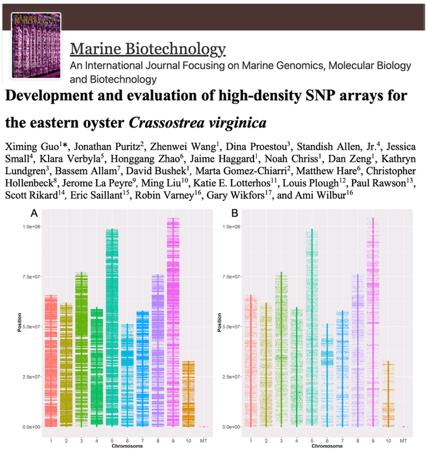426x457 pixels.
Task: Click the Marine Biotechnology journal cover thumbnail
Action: tap(37, 46)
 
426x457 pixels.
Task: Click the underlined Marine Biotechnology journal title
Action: tap(148, 49)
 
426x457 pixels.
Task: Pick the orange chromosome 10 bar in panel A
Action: tap(188, 394)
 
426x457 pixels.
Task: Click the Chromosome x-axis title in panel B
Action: tap(327, 447)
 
